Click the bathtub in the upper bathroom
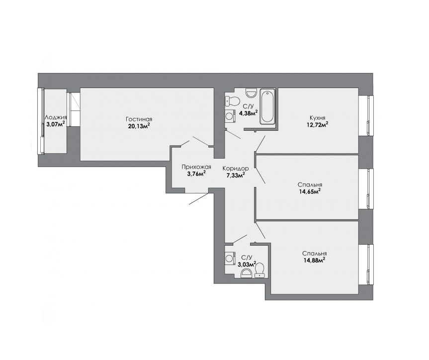coord(267,106)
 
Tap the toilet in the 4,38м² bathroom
coord(232,101)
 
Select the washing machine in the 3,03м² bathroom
coord(230,258)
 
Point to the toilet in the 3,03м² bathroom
coord(259,270)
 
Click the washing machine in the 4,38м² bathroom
coord(230,115)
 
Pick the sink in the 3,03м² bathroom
coord(246,273)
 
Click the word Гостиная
coord(139,119)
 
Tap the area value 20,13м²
coord(139,126)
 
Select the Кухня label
coord(317,118)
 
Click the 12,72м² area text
coord(317,125)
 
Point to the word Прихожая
coord(196,167)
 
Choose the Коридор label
coord(236,168)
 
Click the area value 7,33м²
coord(235,175)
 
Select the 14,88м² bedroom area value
coord(314,261)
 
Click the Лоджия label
coord(56,117)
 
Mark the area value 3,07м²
coord(56,124)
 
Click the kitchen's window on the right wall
coord(366,115)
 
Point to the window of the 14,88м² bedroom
coord(366,265)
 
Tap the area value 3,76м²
coord(196,174)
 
